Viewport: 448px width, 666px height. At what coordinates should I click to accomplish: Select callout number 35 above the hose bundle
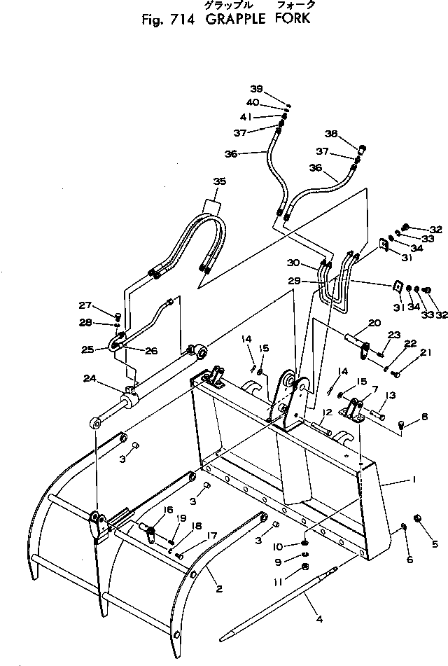pos(220,182)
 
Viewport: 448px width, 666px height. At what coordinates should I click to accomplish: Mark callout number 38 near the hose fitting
pos(351,133)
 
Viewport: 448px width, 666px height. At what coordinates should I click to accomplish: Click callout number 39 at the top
pos(257,88)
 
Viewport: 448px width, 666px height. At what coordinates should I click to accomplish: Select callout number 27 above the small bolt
pos(104,305)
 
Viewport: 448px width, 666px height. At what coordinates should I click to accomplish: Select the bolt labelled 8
pos(400,424)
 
